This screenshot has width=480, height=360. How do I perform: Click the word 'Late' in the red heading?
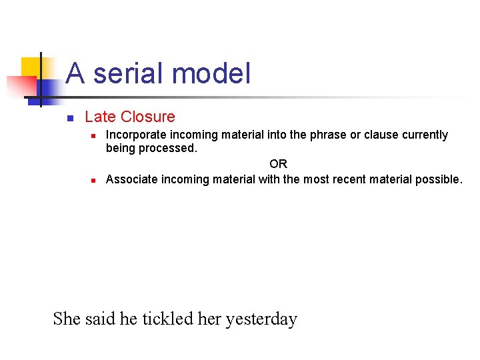100,117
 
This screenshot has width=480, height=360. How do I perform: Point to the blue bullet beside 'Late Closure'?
69,119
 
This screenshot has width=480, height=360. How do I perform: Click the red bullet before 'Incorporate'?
94,136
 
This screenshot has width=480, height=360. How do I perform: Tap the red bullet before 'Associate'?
94,181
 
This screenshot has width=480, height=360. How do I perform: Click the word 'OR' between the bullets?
278,164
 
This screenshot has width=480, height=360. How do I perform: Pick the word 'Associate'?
132,179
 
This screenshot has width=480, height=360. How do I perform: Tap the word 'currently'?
424,135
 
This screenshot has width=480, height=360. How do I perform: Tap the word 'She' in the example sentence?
67,319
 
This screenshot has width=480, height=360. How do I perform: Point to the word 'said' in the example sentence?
101,319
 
